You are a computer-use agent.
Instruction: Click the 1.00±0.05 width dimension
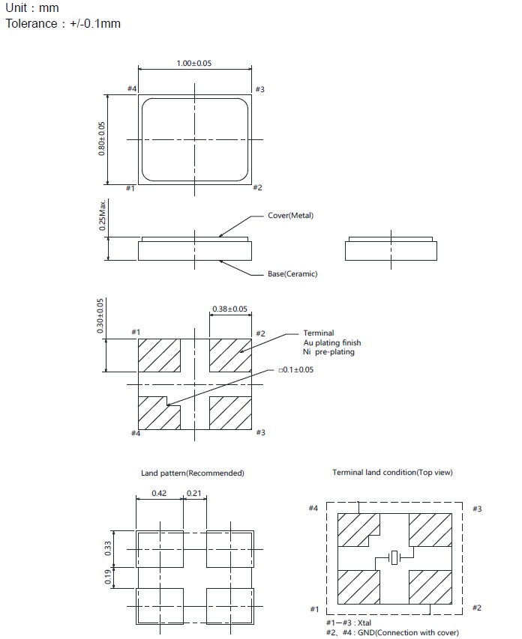194,64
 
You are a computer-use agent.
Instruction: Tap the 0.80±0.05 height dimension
102,139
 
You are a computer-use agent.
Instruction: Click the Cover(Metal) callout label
291,216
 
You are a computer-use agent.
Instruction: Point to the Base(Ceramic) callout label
292,274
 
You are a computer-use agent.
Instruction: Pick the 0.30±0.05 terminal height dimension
101,316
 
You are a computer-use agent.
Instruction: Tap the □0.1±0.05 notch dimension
296,370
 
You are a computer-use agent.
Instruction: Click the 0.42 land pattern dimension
159,493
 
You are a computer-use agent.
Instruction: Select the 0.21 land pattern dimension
193,493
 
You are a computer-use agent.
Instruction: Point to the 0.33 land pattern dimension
107,548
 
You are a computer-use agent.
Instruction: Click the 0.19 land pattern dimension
107,577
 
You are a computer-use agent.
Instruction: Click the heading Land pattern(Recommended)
193,473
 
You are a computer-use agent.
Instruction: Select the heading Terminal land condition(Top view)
392,473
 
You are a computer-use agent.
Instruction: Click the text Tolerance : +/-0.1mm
63,24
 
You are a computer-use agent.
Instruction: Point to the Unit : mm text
32,8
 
